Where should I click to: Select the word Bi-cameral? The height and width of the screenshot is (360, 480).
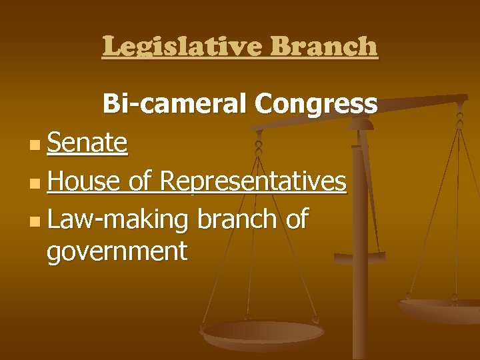[x=175, y=105]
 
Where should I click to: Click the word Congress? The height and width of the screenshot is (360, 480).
[x=315, y=105]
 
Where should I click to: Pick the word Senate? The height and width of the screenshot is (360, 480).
[x=87, y=143]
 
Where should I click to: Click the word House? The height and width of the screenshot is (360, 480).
[x=84, y=181]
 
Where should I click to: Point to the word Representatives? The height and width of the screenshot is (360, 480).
[x=253, y=181]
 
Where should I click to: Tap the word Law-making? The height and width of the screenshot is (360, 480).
[x=118, y=219]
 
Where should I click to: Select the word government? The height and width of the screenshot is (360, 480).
[x=117, y=252]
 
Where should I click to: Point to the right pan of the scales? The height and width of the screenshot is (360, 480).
[x=440, y=308]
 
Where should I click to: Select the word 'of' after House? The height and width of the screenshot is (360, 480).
[x=140, y=181]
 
